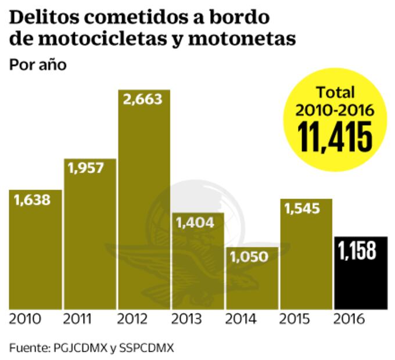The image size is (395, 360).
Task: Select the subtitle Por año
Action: [x=38, y=64]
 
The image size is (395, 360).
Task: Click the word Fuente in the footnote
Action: [x=30, y=348]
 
